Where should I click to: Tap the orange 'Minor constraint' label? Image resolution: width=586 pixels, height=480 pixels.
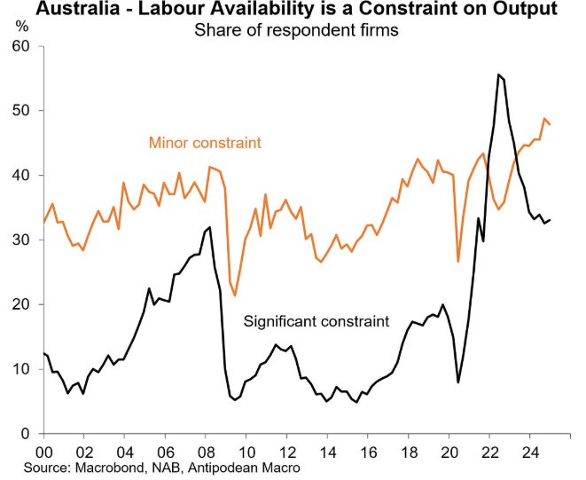pyautogui.click(x=205, y=142)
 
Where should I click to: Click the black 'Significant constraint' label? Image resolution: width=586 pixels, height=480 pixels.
pyautogui.click(x=316, y=320)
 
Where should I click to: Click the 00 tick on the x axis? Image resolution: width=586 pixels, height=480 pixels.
pyautogui.click(x=43, y=450)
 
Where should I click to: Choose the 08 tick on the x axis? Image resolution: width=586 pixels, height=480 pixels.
pyautogui.click(x=206, y=450)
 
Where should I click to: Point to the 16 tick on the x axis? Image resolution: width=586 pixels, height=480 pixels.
pyautogui.click(x=367, y=450)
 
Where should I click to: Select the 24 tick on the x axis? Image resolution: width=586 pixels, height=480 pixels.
pyautogui.click(x=529, y=450)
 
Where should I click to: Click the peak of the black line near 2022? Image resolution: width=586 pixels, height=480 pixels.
pyautogui.click(x=498, y=75)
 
